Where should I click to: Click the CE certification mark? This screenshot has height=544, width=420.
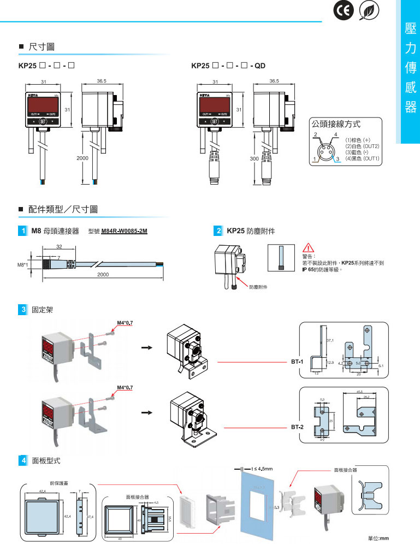(x=344, y=12)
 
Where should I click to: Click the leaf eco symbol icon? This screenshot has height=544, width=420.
(x=370, y=12)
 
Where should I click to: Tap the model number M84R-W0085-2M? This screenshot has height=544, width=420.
(x=125, y=232)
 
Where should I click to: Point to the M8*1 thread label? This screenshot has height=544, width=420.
(x=23, y=265)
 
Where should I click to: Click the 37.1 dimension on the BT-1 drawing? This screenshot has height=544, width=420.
(x=330, y=340)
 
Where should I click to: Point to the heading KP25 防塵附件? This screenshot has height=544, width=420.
(x=251, y=232)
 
